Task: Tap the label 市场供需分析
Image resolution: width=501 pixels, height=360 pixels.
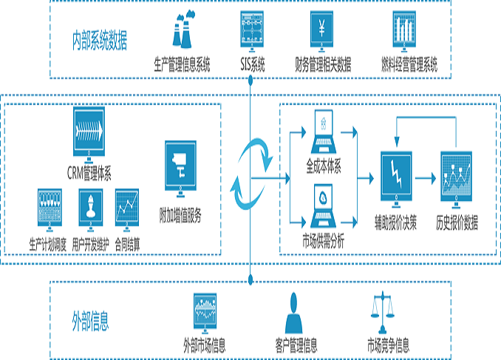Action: pyautogui.click(x=323, y=240)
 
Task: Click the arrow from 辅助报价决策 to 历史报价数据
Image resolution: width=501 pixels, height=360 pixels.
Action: pyautogui.click(x=425, y=177)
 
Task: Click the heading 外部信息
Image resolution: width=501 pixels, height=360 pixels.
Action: pyautogui.click(x=90, y=320)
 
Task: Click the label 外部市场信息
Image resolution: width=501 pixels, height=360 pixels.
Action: pyautogui.click(x=205, y=344)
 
